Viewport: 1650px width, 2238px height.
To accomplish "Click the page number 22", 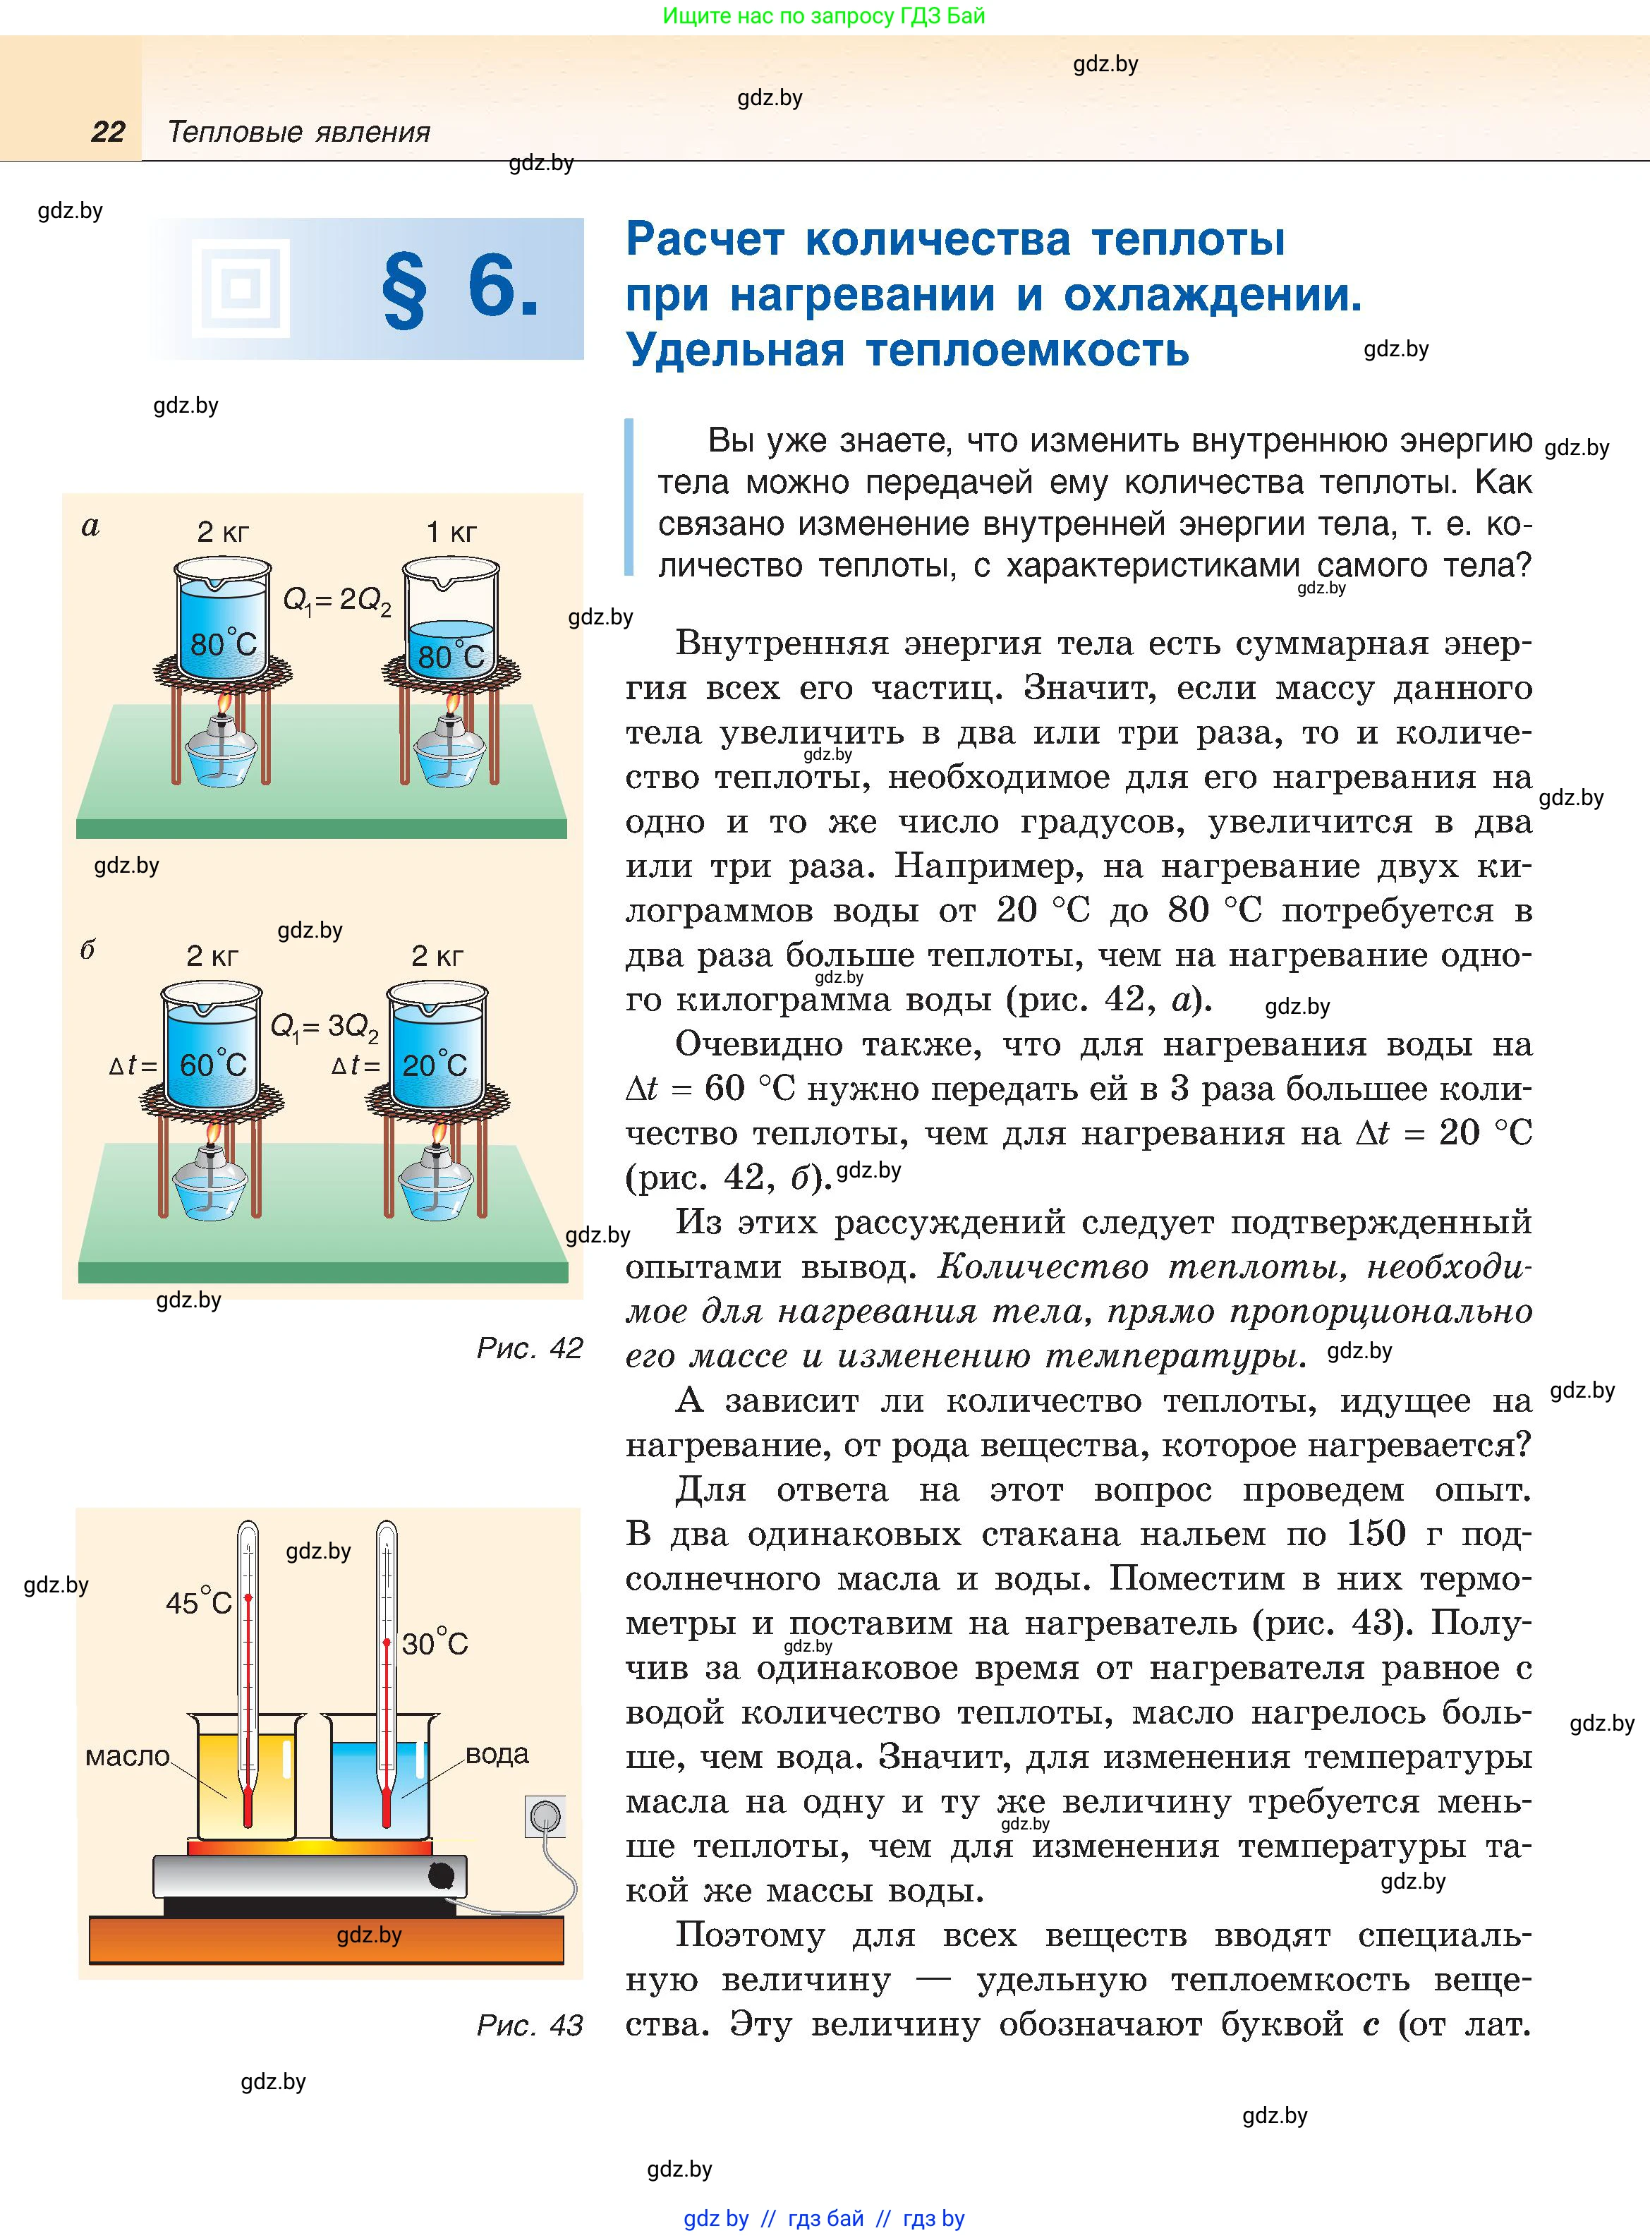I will pos(108,132).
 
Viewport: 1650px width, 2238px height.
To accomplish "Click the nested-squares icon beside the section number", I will pos(241,289).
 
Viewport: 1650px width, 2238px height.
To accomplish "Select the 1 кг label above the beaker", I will pos(451,532).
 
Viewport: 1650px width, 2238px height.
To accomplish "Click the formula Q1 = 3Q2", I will pos(324,1027).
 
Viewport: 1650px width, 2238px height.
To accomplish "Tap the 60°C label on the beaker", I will pos(213,1065).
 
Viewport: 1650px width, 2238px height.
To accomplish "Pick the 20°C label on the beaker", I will pos(435,1065).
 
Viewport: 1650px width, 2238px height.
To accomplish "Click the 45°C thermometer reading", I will pos(199,1603).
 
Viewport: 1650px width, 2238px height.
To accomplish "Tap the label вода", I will pos(497,1754).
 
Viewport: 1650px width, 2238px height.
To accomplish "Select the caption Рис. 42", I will pos(529,1348).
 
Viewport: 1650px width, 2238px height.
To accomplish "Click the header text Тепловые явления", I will pos(298,132).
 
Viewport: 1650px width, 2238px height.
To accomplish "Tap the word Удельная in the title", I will pos(735,351).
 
